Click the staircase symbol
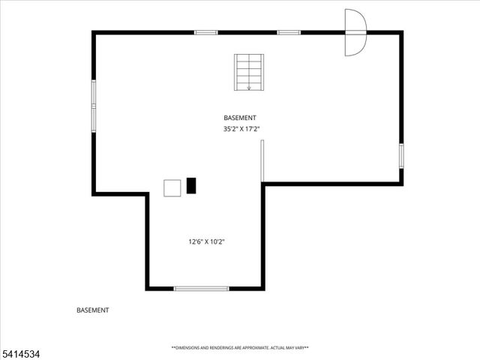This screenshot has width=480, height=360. pos(248,73)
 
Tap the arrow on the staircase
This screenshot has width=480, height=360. pos(248,87)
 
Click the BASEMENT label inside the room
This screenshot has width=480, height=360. pos(240,118)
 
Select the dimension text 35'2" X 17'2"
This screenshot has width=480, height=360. pos(241,129)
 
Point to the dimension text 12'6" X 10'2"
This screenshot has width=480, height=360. pos(207,241)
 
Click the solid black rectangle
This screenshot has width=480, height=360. pos(191,186)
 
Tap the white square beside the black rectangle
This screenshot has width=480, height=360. pos(172,187)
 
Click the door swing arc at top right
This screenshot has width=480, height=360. pos(355,32)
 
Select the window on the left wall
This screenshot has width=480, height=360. pos(94,106)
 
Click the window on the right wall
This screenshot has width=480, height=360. pos(401,155)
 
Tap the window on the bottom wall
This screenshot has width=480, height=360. pos(201,288)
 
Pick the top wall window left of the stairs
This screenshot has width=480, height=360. pos(205,32)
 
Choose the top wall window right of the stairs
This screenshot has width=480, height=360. pos(289,32)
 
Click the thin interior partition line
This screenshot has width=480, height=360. pos(262,160)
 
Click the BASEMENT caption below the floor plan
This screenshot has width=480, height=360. pos(93,310)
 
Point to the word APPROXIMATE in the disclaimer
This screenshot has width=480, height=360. pos(250,348)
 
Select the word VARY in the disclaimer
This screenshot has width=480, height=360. pos(299,348)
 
